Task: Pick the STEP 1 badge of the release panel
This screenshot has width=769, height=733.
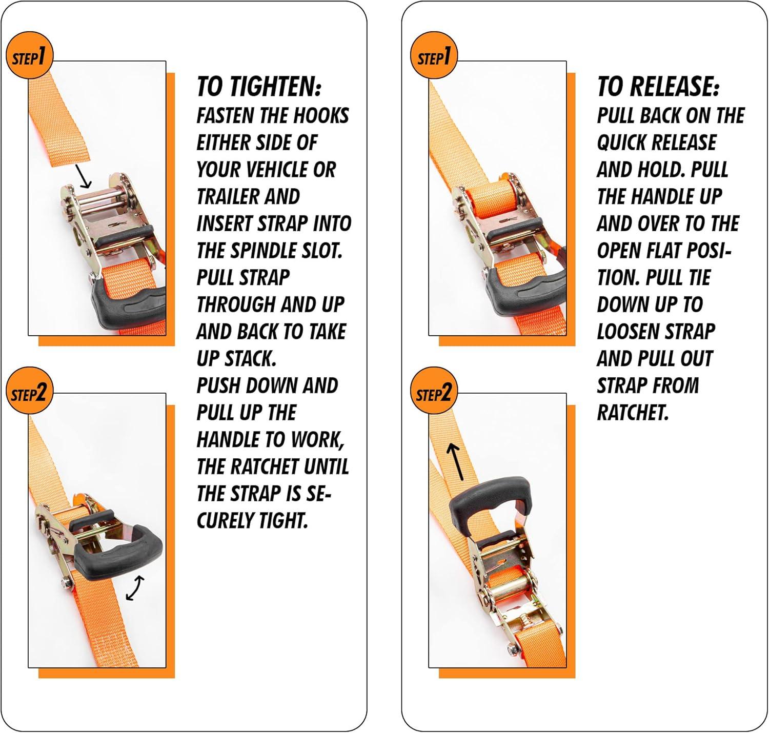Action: coord(433,55)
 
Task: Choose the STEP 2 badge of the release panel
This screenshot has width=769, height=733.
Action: coord(433,391)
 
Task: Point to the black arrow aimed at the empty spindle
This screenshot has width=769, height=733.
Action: coord(83,176)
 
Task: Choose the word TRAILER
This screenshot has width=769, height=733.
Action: coord(229,196)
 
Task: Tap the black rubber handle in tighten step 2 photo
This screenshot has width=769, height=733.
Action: coord(117,553)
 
